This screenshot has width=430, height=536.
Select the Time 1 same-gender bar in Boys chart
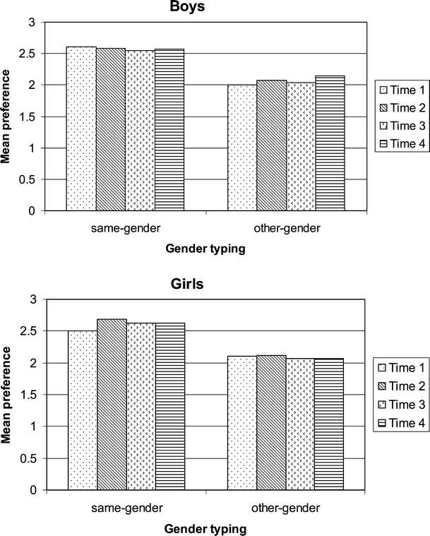pyautogui.click(x=81, y=129)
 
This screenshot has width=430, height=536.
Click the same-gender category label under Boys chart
pyautogui.click(x=125, y=228)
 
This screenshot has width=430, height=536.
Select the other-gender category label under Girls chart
pyautogui.click(x=286, y=507)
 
